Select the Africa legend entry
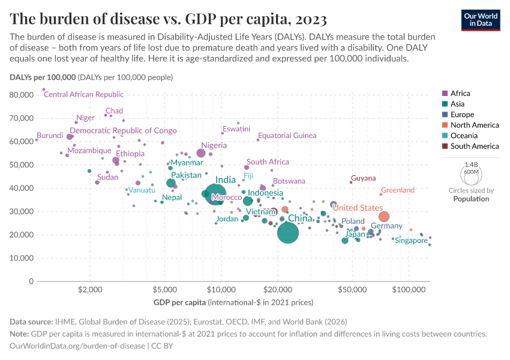pos(460,94)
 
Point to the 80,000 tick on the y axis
pos(22,95)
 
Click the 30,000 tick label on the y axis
pos(22,211)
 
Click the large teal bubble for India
pos(215,193)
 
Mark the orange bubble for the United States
pos(384,217)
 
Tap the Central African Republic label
pos(84,94)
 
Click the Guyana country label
pos(364,178)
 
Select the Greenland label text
pos(398,190)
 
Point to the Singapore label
pos(411,241)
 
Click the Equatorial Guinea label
pos(287,136)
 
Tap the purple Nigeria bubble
pos(201,153)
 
